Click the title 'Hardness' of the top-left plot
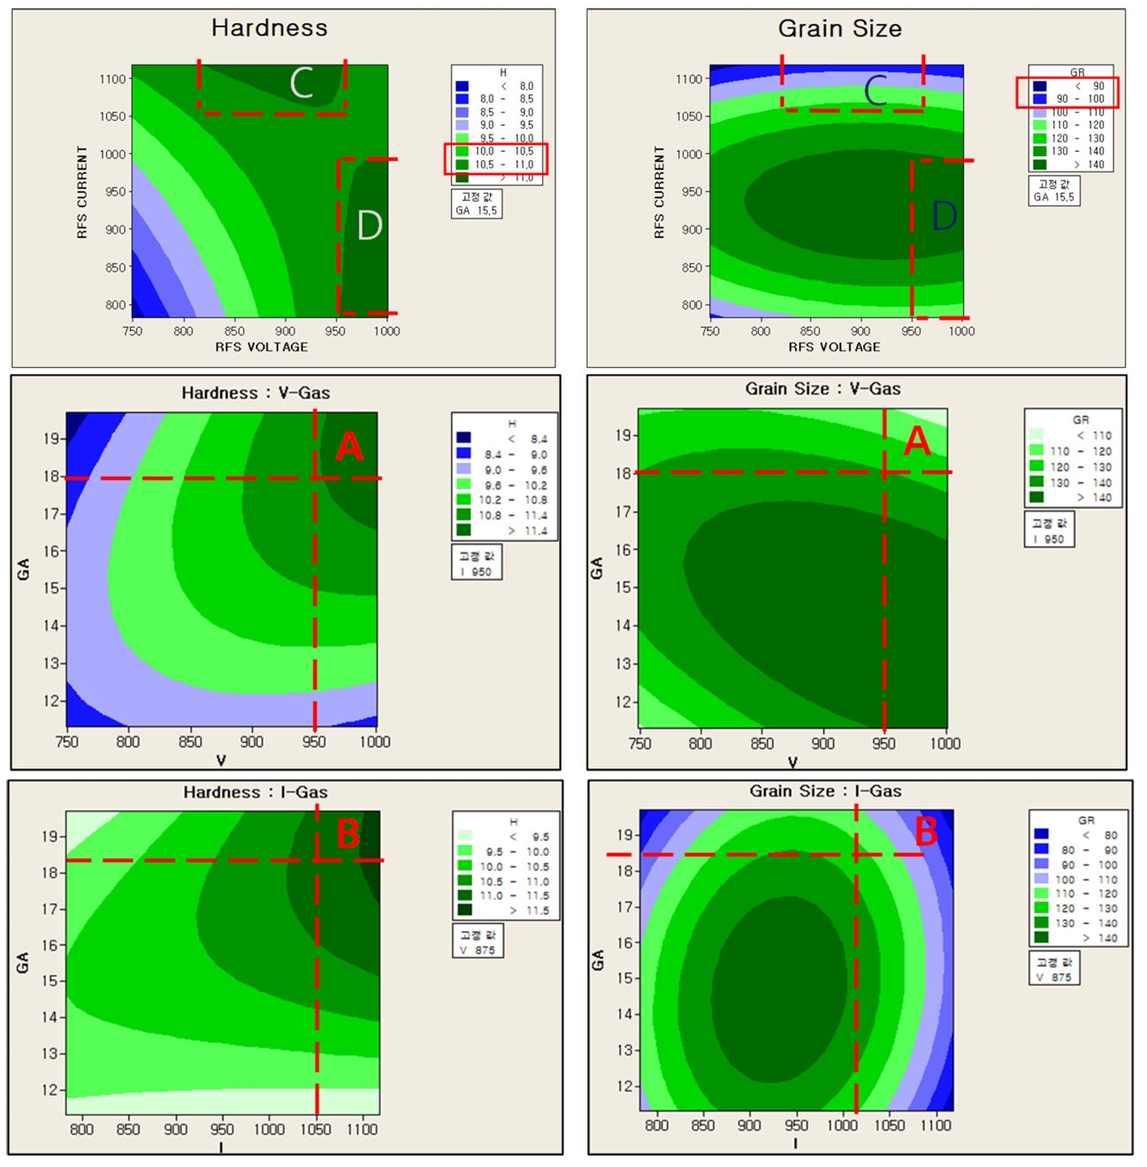pyautogui.click(x=269, y=28)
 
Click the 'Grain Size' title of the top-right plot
pyautogui.click(x=839, y=29)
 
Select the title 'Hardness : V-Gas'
pyautogui.click(x=256, y=393)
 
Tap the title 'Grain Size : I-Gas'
pyautogui.click(x=825, y=791)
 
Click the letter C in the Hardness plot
pyautogui.click(x=302, y=84)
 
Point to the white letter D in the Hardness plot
pyautogui.click(x=369, y=225)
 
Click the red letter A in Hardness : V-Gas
pyautogui.click(x=349, y=447)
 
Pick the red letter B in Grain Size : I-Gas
pyautogui.click(x=926, y=832)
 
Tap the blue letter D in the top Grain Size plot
pyautogui.click(x=944, y=216)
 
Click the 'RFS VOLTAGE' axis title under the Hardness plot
pyautogui.click(x=262, y=347)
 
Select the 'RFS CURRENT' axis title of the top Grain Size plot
pyautogui.click(x=659, y=192)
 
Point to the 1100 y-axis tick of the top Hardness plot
pyautogui.click(x=112, y=79)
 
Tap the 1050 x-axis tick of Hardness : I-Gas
pyautogui.click(x=316, y=1129)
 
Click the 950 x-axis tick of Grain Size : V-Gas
pyautogui.click(x=883, y=744)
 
